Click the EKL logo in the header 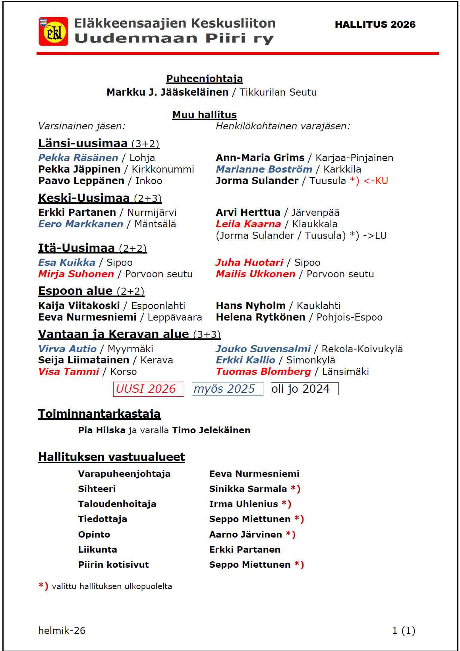(x=53, y=31)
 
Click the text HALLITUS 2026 (x=375, y=25)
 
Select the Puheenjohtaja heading (x=204, y=79)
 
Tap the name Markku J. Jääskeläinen (x=167, y=92)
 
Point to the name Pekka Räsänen (x=78, y=158)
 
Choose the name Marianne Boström (x=264, y=169)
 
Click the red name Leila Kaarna (x=248, y=224)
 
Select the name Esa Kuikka (x=67, y=263)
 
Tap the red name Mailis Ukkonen (x=255, y=274)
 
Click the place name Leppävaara (x=175, y=317)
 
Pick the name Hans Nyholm (x=251, y=306)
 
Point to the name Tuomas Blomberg (x=263, y=372)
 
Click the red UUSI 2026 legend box (x=149, y=389)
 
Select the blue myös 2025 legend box (x=227, y=389)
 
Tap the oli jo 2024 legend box (x=304, y=389)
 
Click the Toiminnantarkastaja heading (x=99, y=414)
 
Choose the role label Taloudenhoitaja (x=117, y=504)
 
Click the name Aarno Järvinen (x=245, y=535)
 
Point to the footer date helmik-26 (x=62, y=630)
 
